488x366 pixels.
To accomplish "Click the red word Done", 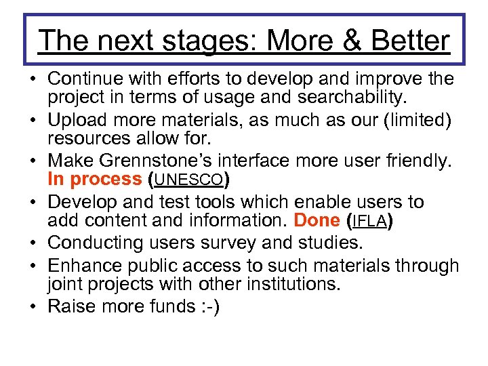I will (x=317, y=220).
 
